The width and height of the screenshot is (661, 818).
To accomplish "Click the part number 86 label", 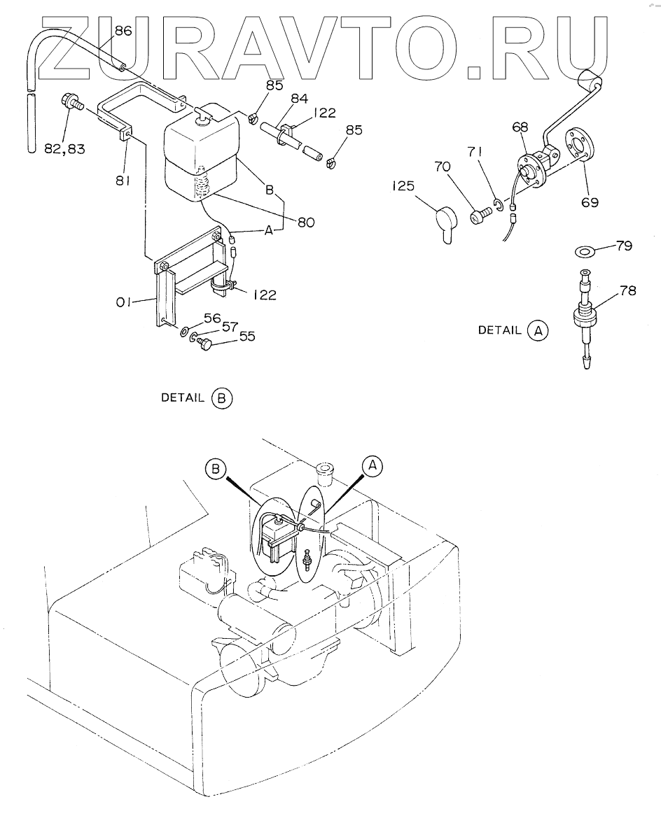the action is tap(123, 31).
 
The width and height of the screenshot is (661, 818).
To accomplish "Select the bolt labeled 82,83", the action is tap(73, 101).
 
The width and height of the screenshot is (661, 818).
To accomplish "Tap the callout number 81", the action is tap(123, 181).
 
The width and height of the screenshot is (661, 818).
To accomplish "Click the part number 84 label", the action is tap(299, 98).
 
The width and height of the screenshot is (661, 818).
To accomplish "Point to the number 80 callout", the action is tap(306, 223).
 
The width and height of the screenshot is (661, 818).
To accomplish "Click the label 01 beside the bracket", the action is tap(123, 302).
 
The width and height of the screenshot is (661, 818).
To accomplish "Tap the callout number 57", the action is tap(230, 327).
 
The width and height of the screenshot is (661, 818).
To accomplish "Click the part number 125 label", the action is tap(403, 185).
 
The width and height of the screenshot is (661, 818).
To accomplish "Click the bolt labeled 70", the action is tap(481, 214).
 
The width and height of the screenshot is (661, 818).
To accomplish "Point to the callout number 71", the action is tap(475, 152).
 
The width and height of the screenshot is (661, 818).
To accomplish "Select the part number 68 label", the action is tap(520, 127).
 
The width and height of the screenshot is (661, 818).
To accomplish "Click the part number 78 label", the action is tap(628, 290).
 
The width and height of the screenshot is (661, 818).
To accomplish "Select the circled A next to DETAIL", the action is tap(538, 330).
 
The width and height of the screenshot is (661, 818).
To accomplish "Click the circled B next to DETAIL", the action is tap(221, 398).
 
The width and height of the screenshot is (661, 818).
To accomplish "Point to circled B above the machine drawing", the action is tap(216, 469).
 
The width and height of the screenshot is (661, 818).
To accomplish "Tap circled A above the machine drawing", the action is tap(373, 465).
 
